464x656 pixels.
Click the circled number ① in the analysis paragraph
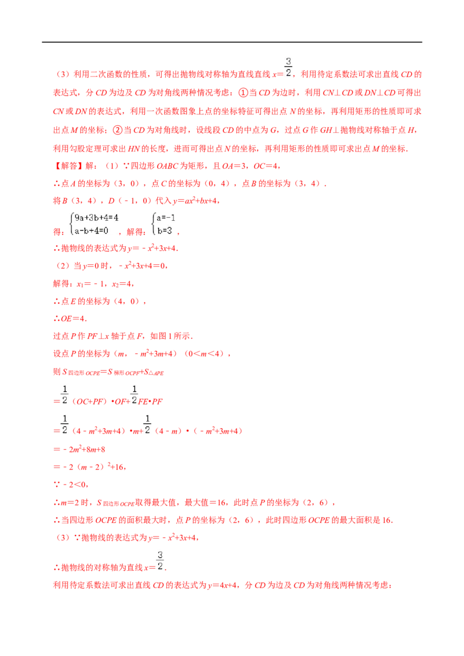243,93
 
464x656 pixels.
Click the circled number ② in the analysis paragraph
118,130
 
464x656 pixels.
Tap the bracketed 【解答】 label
68,166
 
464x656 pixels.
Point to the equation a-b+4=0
91,231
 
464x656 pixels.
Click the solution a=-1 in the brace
166,217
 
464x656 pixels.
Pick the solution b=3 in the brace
165,231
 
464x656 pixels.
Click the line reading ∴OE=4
70,319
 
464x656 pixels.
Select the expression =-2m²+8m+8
79,450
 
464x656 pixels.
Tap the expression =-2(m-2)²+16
90,467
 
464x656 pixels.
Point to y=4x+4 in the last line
222,585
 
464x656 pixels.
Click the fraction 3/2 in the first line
288,67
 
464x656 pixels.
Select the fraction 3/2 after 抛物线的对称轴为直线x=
160,560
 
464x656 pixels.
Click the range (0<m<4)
205,354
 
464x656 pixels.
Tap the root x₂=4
122,284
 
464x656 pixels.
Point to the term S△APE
154,372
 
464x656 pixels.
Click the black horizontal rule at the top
232,42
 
